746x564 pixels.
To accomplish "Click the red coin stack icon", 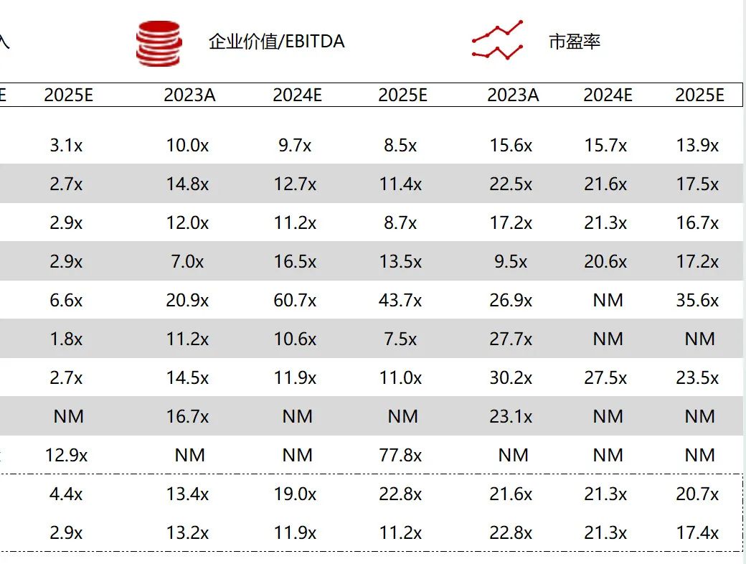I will (x=159, y=43).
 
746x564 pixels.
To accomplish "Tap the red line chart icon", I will (x=497, y=41).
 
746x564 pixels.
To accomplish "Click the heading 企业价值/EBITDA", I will (x=276, y=42).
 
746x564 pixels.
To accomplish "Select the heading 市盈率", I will (x=574, y=42).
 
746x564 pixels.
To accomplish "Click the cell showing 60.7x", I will (x=295, y=300).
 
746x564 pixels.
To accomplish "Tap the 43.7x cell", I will (x=400, y=300).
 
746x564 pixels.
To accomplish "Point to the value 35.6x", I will (x=697, y=300).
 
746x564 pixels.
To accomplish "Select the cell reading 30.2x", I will (x=511, y=377).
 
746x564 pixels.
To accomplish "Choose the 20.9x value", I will (x=187, y=300).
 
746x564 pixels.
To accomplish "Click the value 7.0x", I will (x=187, y=261).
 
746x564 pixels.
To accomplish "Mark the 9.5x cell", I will (x=511, y=261).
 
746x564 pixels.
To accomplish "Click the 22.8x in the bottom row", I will (x=511, y=533).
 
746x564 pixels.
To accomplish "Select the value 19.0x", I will (x=295, y=494).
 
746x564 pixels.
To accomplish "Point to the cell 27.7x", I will (x=511, y=339).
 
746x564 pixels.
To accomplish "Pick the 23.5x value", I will (x=697, y=377).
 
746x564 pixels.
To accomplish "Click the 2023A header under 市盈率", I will (x=513, y=95).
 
